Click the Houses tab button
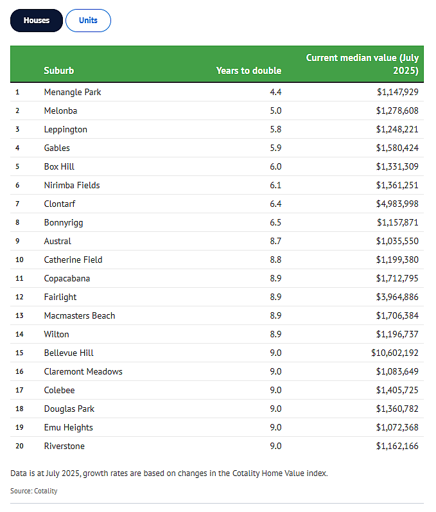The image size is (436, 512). (36, 21)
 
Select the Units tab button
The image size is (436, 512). (88, 21)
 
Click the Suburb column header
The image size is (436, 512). (59, 71)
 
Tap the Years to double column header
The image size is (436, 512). (249, 71)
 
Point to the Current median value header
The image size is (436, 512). (362, 64)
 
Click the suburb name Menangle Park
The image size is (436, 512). (73, 93)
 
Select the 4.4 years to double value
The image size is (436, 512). (275, 92)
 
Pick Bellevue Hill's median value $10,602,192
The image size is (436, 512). (394, 353)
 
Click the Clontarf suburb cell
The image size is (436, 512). (60, 204)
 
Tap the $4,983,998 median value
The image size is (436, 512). (397, 204)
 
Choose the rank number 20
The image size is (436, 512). (19, 446)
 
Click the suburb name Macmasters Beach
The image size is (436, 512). (80, 315)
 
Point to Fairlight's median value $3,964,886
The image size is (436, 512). (397, 297)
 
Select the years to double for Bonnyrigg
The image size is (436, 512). (275, 222)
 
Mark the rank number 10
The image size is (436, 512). (19, 260)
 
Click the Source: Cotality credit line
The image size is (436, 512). (34, 491)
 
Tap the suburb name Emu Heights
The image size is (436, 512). (69, 428)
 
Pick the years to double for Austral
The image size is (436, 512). (275, 241)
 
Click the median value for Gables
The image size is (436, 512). (397, 148)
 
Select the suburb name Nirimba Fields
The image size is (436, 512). (72, 185)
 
